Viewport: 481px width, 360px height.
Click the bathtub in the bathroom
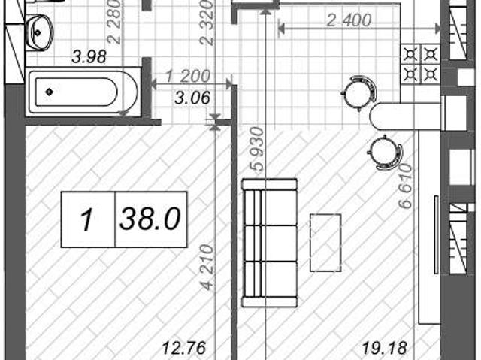(x=83, y=92)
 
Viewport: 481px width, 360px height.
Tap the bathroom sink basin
(x=40, y=32)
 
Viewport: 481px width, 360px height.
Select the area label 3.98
(x=89, y=57)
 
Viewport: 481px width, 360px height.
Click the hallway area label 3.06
(x=192, y=98)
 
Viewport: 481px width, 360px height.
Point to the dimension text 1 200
(x=188, y=76)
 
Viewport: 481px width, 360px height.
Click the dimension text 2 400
(x=349, y=20)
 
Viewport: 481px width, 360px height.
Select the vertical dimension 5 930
(x=257, y=149)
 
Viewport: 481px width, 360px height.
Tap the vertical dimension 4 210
(x=207, y=267)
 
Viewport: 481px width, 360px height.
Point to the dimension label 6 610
(x=405, y=186)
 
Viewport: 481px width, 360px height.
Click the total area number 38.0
(x=150, y=219)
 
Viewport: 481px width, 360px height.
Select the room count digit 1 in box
(x=87, y=219)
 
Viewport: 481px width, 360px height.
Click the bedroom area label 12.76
(x=183, y=348)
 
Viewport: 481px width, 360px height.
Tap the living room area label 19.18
(x=385, y=348)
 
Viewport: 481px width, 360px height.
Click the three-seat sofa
(x=270, y=243)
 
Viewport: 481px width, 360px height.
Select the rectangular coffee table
(x=325, y=243)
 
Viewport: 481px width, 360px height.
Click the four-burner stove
(x=420, y=64)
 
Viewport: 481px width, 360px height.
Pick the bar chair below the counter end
(x=386, y=152)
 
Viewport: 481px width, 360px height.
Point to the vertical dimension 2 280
(x=115, y=22)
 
